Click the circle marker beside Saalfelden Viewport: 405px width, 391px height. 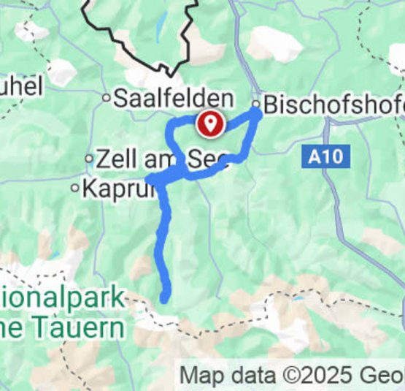(x=106, y=97)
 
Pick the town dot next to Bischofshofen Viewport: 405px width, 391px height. (x=256, y=105)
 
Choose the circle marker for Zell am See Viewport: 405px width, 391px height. (x=89, y=158)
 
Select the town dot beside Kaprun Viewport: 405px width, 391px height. (x=74, y=188)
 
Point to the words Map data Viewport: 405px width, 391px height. (x=228, y=376)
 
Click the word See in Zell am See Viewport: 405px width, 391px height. (x=210, y=158)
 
